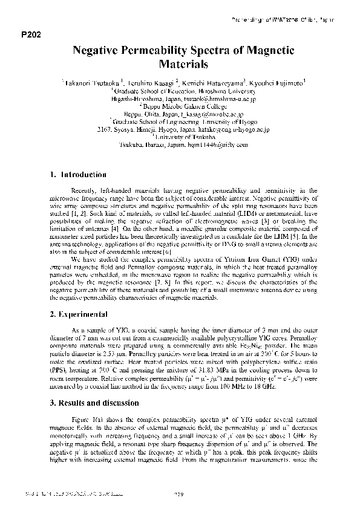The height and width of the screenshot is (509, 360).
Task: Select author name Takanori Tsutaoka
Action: point(91,81)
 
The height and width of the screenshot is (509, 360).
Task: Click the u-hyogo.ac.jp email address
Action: point(236,129)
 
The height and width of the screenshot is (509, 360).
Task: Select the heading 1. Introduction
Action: point(78,175)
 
